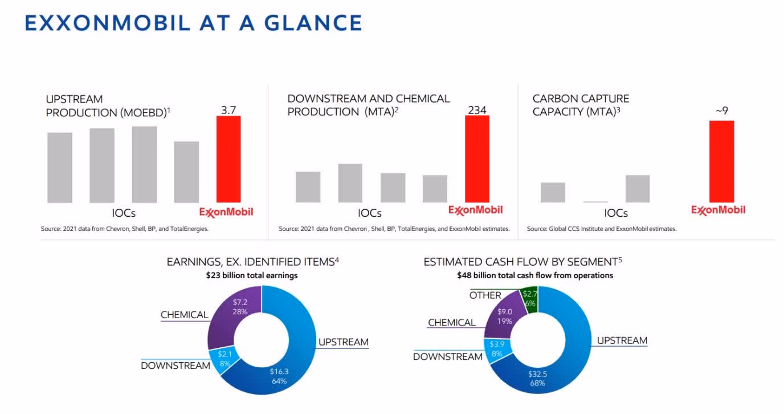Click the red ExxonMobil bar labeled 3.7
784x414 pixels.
[x=228, y=159]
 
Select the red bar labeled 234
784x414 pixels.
[x=477, y=159]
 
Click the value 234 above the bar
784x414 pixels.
[x=477, y=109]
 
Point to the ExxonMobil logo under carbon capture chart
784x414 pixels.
[x=718, y=210]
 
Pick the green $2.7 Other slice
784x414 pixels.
[x=530, y=299]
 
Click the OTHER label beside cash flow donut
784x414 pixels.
[x=485, y=295]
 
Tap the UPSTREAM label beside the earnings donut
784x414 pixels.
[x=343, y=342]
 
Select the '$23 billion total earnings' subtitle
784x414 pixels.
[x=252, y=275]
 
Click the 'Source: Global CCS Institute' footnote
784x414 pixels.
[x=601, y=229]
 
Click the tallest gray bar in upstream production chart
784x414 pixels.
[x=144, y=164]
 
